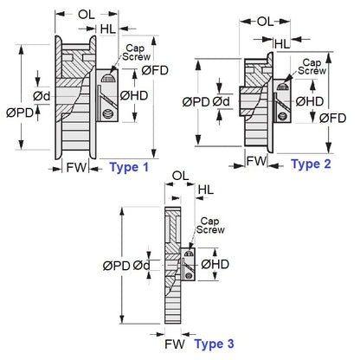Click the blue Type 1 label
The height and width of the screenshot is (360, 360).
130,167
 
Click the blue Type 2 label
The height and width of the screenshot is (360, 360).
311,163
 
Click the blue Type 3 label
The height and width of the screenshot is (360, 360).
214,344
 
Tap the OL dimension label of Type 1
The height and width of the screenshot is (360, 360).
87,14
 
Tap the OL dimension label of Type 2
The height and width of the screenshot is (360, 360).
267,21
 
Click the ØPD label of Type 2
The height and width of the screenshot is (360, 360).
196,102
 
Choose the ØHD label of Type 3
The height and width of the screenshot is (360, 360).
215,264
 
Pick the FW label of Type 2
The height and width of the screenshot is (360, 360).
256,161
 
